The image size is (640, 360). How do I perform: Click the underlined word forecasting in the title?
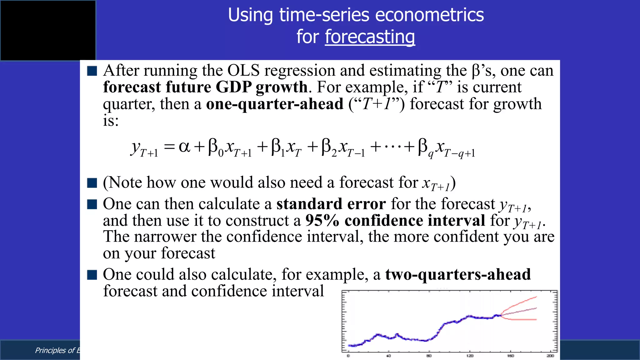tap(370, 37)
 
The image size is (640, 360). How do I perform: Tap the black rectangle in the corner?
tap(48, 30)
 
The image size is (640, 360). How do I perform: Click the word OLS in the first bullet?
tap(243, 71)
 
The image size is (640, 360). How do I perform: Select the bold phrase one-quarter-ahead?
tap(274, 104)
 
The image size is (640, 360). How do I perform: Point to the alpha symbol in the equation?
tap(184, 147)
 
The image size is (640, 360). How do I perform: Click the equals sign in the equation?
tap(169, 147)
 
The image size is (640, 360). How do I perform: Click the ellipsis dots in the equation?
tap(392, 147)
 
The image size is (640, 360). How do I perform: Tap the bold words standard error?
tap(331, 204)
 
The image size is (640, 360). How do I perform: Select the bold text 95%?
tap(322, 221)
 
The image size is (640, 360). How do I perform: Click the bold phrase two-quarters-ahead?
tap(458, 275)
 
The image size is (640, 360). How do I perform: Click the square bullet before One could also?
tap(92, 275)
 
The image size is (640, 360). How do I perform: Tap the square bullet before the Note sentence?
tap(92, 183)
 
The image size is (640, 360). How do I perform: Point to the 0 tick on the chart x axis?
tap(348, 356)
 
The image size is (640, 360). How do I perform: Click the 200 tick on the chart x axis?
tap(550, 356)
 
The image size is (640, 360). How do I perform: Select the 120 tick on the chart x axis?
tap(470, 356)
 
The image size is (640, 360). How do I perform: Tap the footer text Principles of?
tap(55, 350)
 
